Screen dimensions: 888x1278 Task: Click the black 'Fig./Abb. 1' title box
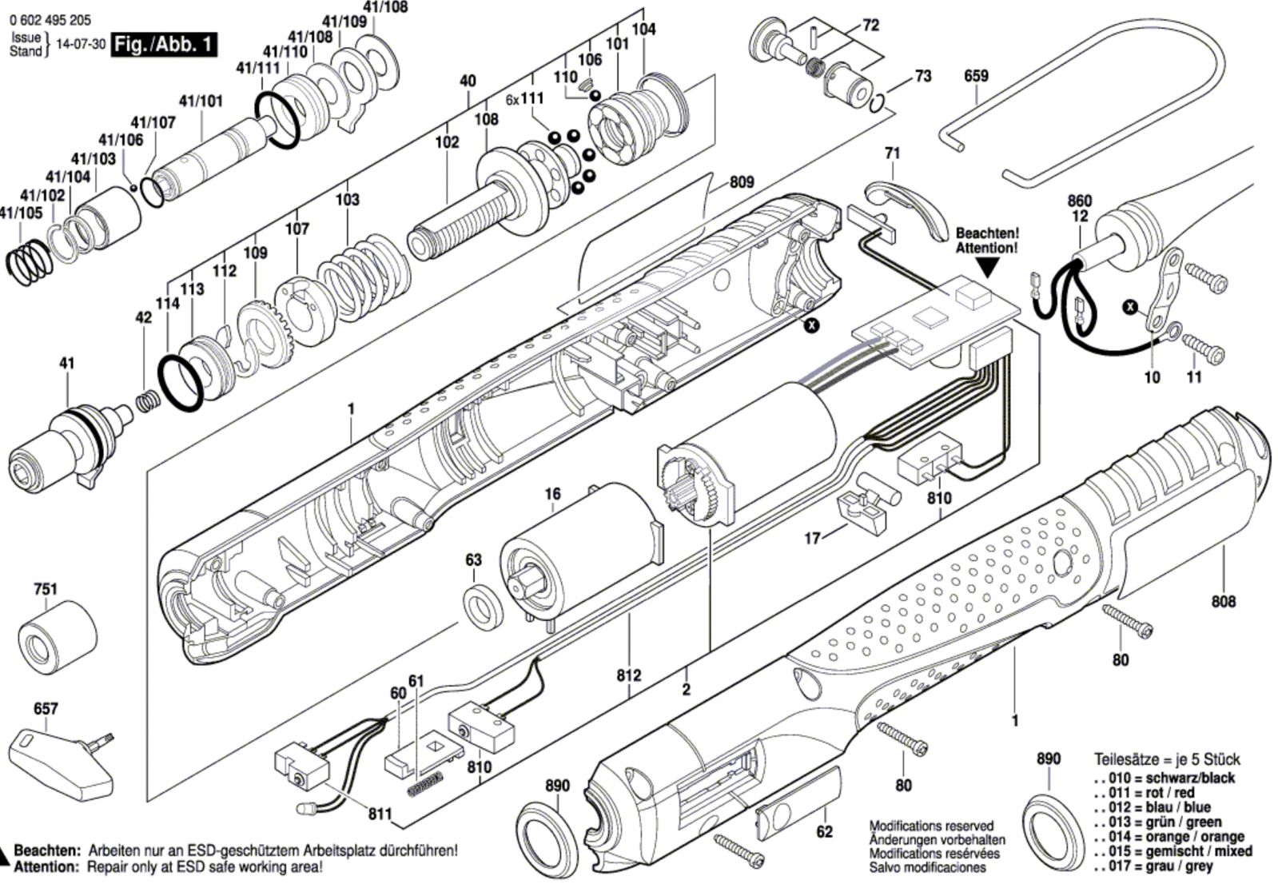164,44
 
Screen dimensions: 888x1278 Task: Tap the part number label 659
976,76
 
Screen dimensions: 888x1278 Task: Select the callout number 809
742,182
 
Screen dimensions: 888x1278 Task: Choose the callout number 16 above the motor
552,495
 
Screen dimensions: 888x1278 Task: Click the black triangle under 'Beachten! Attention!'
987,268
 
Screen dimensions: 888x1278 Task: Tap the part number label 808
1223,601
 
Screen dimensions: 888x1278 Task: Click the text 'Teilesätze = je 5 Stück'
1167,759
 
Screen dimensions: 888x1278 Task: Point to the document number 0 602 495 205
50,21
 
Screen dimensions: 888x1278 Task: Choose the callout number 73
922,77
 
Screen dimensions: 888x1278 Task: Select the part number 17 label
813,538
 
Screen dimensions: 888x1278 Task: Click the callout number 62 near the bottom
824,831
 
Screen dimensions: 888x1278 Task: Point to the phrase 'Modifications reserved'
931,826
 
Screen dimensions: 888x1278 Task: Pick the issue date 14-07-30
81,45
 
